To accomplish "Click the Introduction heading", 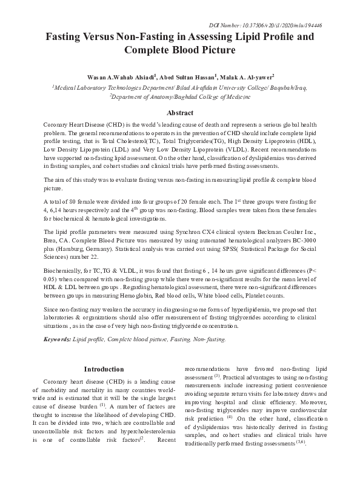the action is click(x=104, y=369).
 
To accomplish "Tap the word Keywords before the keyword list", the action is click(x=57, y=340).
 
